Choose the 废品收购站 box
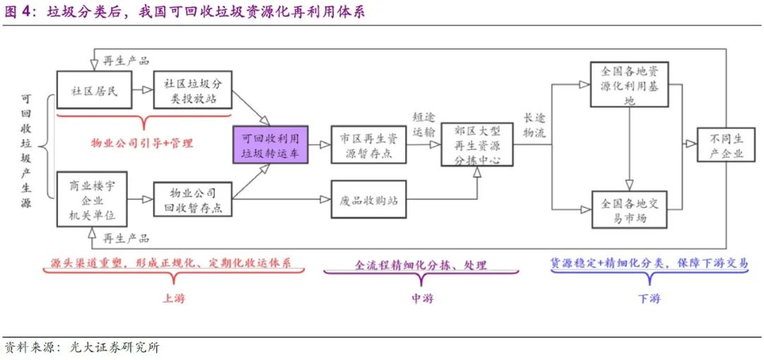[x=369, y=201]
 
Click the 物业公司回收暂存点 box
[x=192, y=200]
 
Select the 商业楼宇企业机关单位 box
[x=89, y=200]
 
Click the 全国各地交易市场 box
[x=629, y=209]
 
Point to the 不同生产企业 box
[x=721, y=146]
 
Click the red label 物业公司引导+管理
[x=141, y=143]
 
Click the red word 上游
[x=173, y=298]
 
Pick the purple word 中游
[x=422, y=298]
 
